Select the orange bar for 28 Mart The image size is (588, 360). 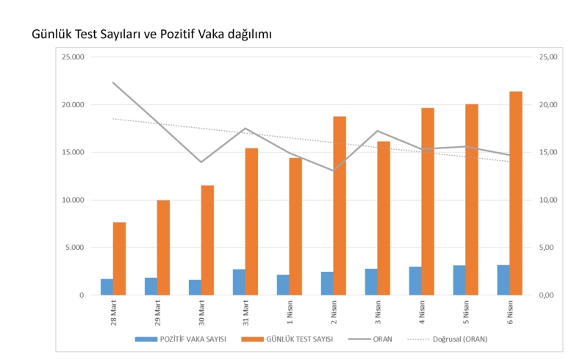click(x=119, y=259)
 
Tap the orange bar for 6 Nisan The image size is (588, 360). click(x=516, y=193)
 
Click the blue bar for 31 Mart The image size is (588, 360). click(x=239, y=282)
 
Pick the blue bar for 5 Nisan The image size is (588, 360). click(x=459, y=280)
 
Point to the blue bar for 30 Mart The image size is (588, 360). click(x=195, y=287)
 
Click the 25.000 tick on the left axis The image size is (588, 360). click(x=73, y=57)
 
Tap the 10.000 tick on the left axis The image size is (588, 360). click(x=73, y=200)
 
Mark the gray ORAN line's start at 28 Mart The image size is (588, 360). click(x=113, y=82)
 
